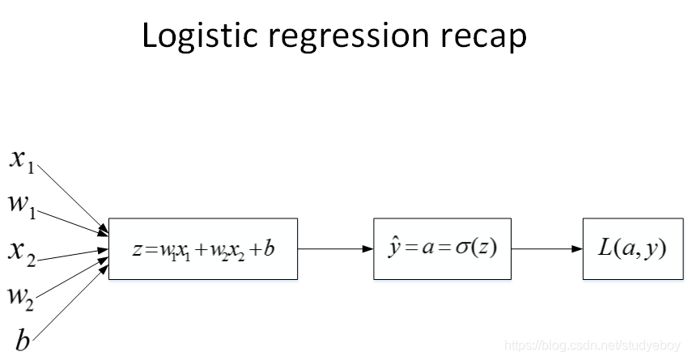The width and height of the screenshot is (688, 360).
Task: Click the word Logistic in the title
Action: coord(192,37)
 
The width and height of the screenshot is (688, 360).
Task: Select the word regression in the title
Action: coord(343,39)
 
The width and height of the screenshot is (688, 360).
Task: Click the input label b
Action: coord(23,340)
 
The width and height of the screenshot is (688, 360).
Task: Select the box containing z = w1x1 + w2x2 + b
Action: coord(203,249)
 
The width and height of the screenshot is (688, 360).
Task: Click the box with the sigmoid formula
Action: coord(443,249)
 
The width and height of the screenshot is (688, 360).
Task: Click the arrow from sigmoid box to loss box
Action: coord(547,249)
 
